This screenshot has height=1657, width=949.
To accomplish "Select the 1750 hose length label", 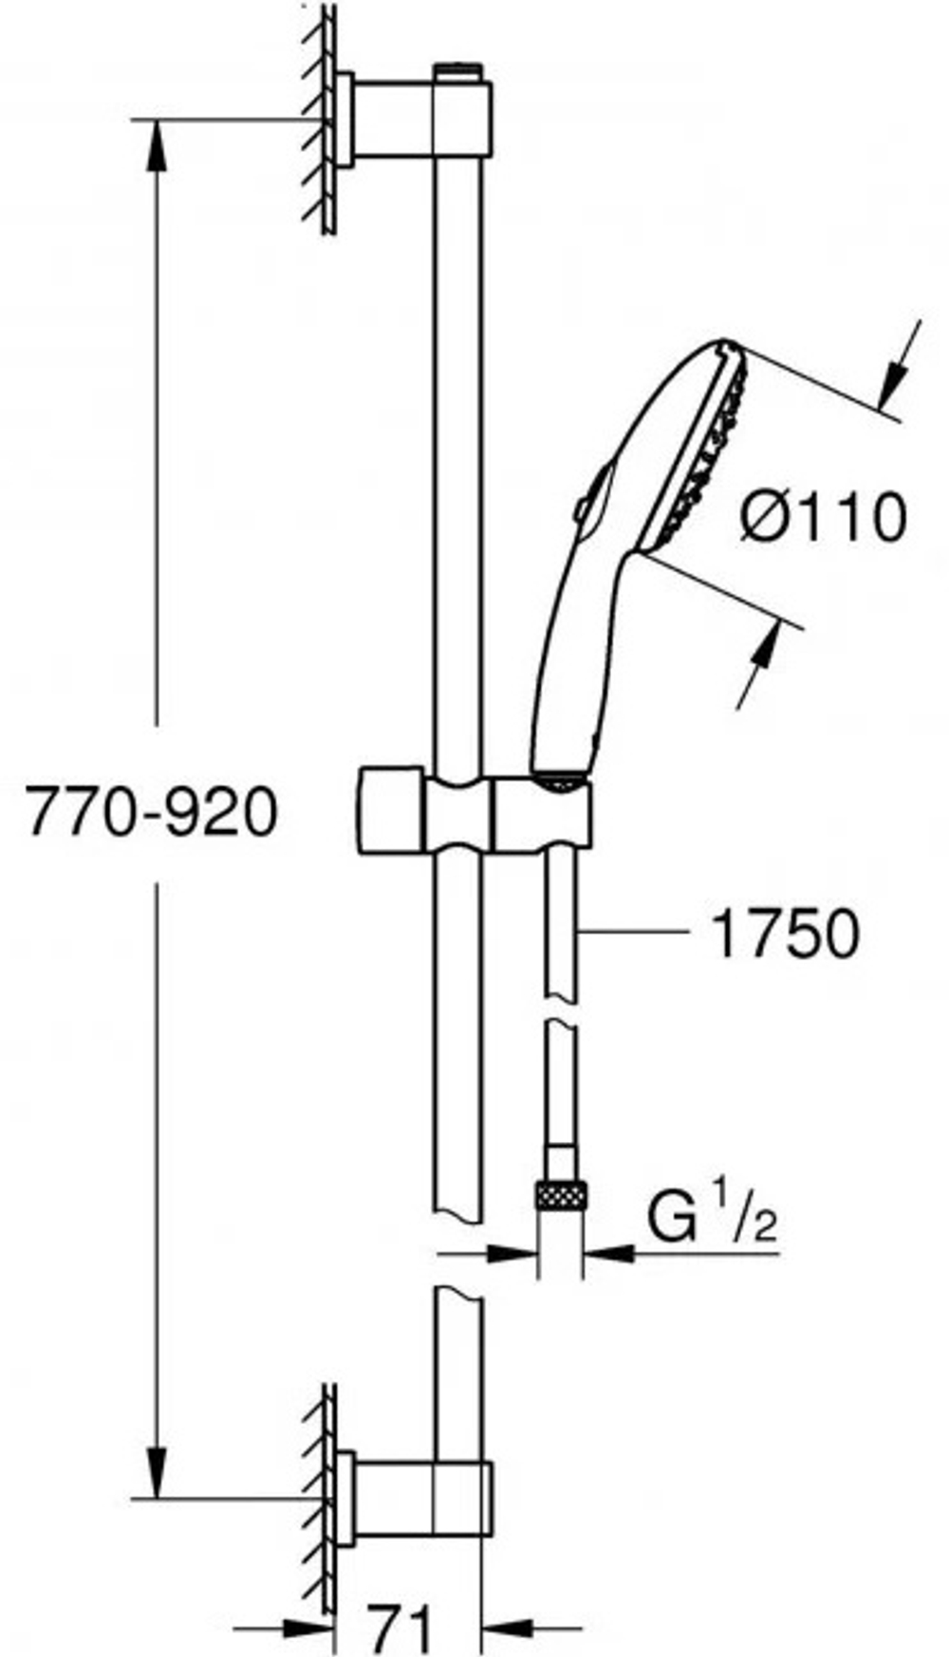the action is [785, 934].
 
